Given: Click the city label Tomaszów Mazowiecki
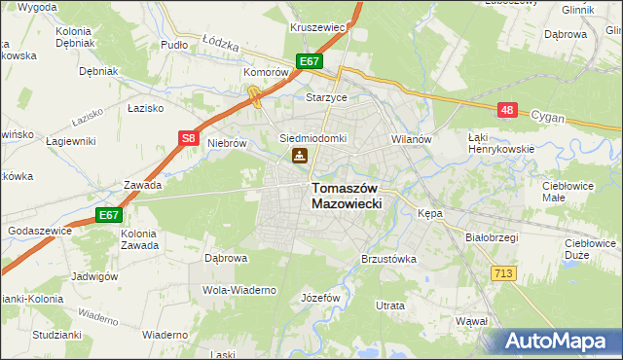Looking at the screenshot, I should tap(347, 196).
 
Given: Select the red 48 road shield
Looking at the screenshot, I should tap(506, 111).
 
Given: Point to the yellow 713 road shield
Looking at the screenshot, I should tap(503, 275).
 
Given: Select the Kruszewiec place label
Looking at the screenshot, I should tap(317, 27).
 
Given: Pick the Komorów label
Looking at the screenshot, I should tap(268, 72).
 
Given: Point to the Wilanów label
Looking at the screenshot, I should tap(410, 139).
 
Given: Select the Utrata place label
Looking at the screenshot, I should tap(389, 306).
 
